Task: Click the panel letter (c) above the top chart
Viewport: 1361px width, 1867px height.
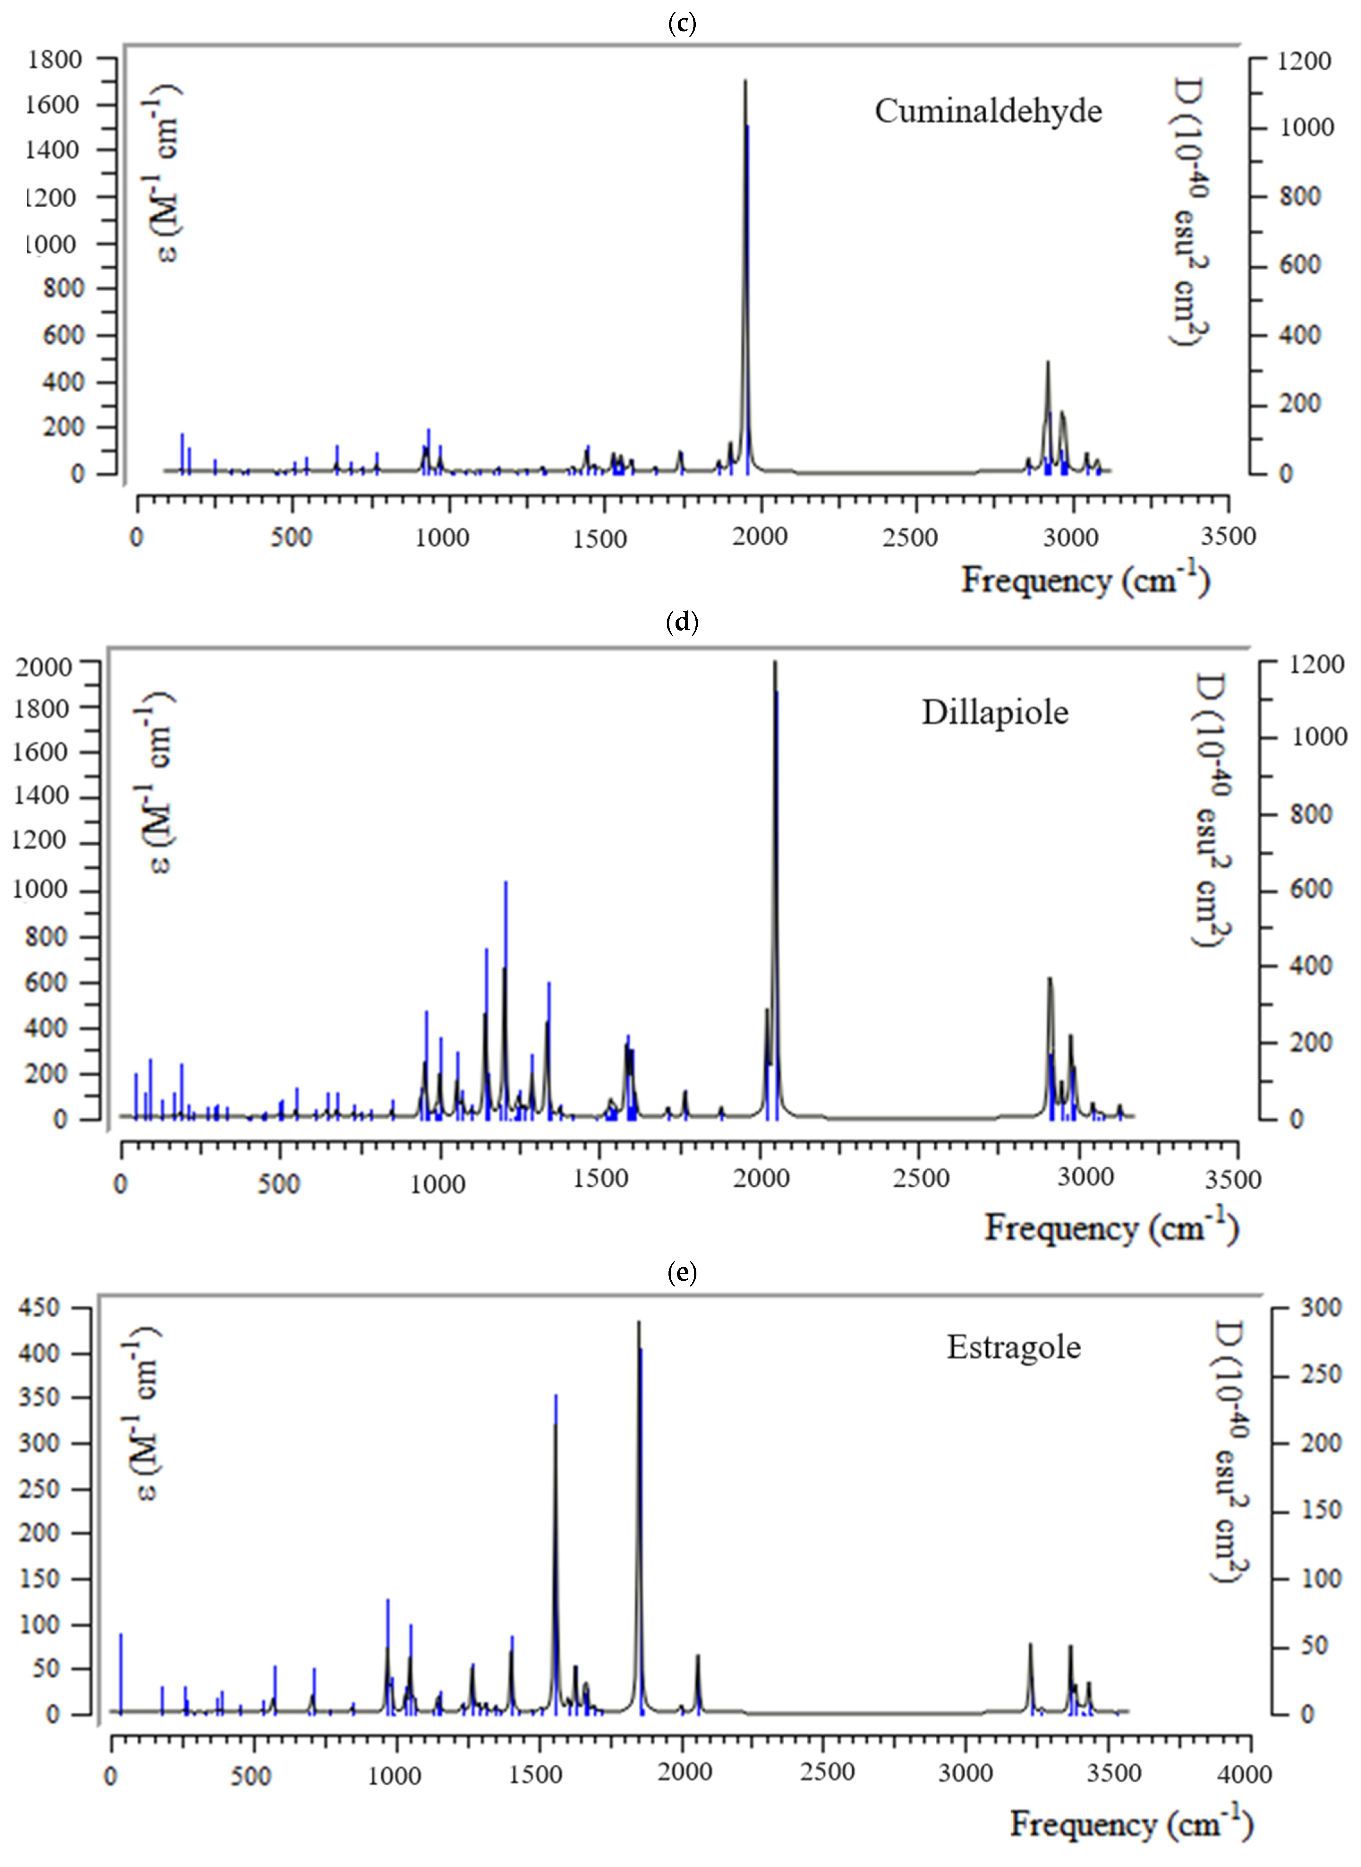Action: pos(681,23)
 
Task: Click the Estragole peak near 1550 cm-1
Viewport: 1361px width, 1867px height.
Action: pos(555,1418)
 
